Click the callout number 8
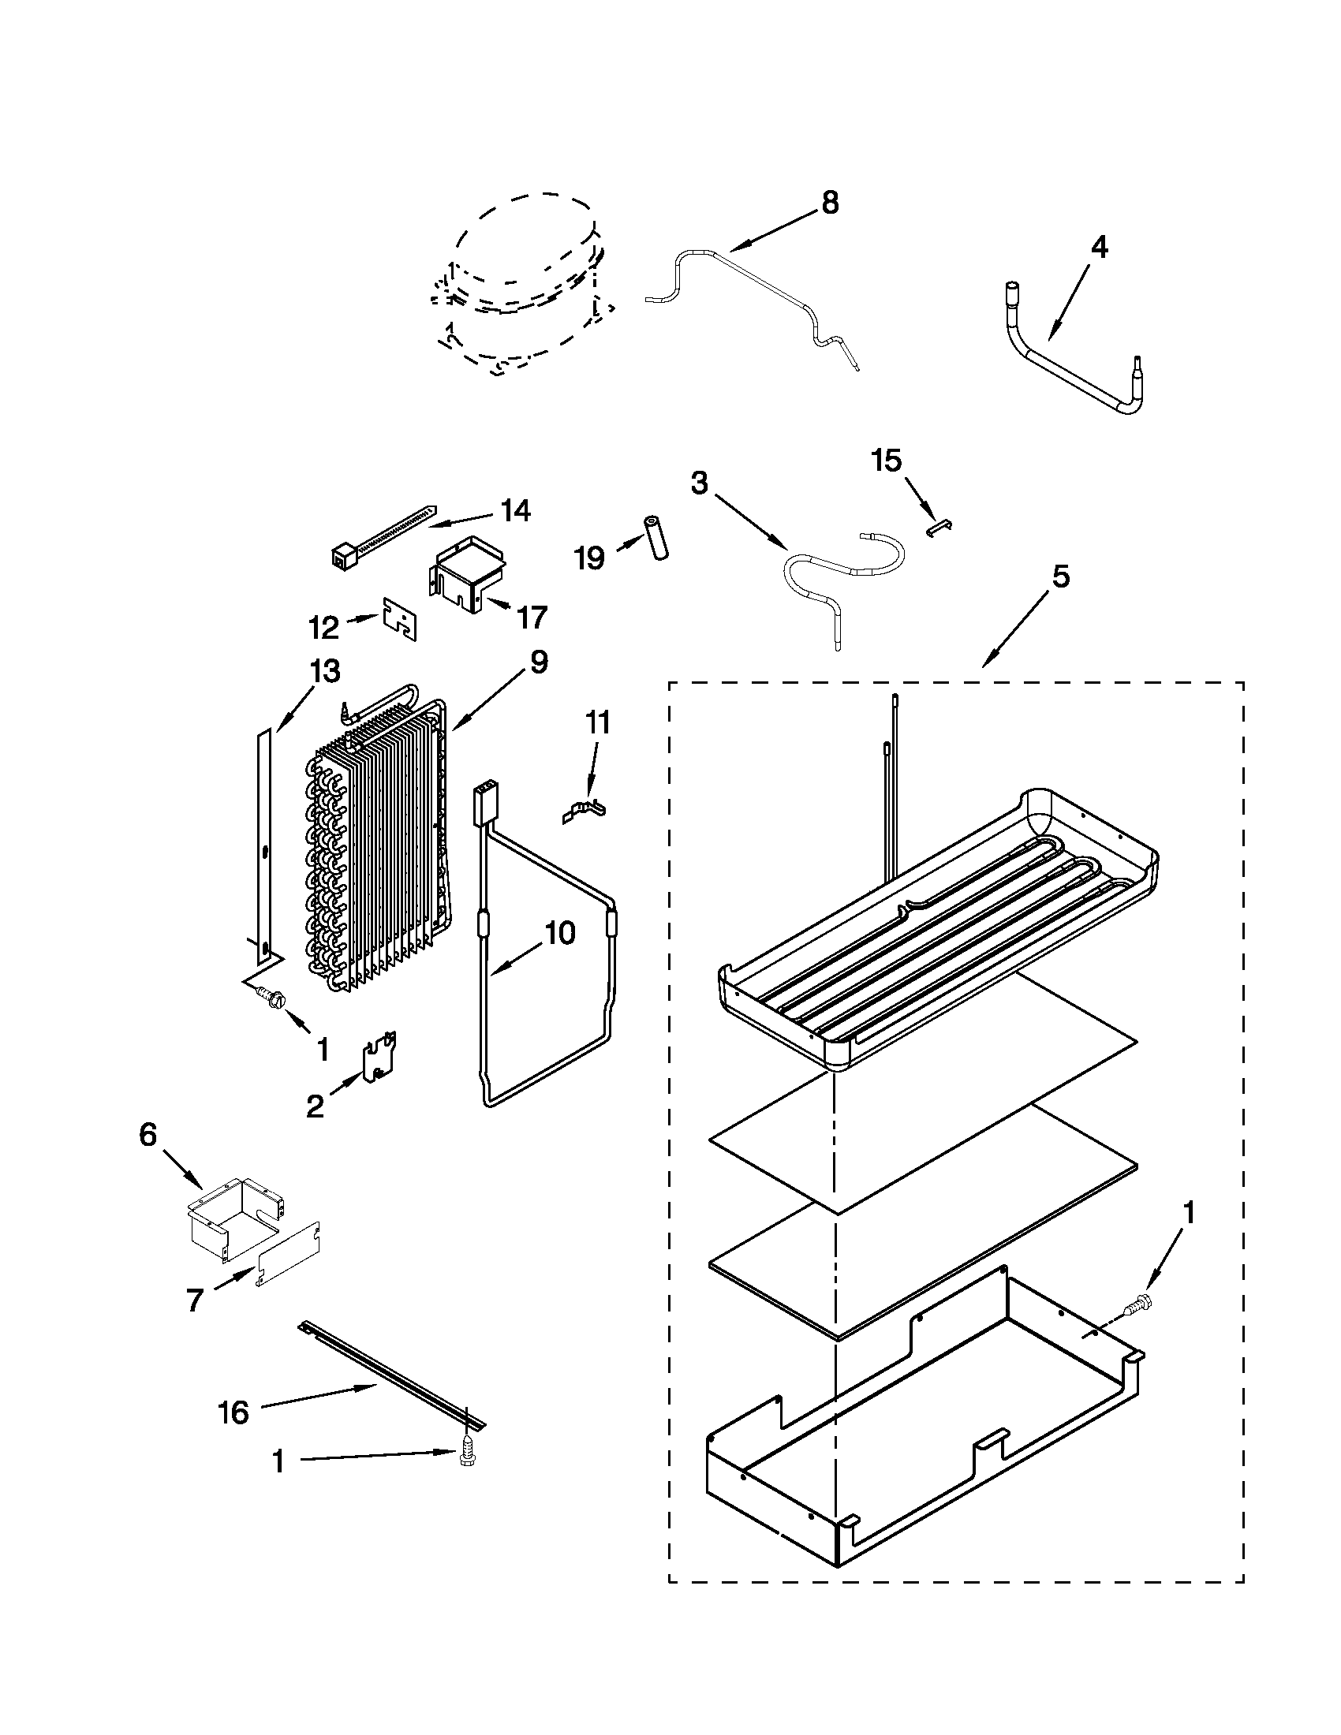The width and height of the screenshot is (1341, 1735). click(828, 203)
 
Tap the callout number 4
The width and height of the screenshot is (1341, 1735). click(1099, 248)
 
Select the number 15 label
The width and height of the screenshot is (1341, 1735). click(887, 460)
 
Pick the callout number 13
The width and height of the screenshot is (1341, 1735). click(326, 671)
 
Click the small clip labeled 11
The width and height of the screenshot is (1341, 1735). click(586, 811)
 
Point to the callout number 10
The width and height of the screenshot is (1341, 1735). click(560, 935)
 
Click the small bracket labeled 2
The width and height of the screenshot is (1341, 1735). click(378, 1060)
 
